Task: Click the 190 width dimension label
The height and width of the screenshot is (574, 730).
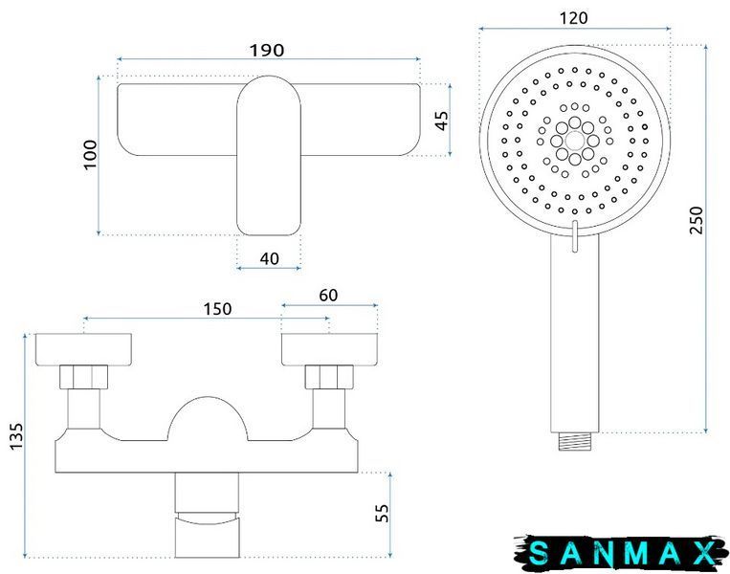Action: coord(267,51)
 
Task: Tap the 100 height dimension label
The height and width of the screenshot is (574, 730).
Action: coord(90,155)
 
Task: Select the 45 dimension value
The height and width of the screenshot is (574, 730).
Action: coord(442,121)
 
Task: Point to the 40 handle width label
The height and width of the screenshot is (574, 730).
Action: coord(269,258)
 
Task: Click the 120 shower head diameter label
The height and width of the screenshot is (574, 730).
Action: coord(573,18)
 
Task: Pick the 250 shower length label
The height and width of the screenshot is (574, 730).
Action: coord(696,220)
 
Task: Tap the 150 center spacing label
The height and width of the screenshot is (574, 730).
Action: coord(217,309)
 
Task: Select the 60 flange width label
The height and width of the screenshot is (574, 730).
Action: coord(328,296)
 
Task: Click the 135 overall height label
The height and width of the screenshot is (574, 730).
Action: coord(16,436)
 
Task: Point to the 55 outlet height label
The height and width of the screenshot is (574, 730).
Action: coord(382,513)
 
